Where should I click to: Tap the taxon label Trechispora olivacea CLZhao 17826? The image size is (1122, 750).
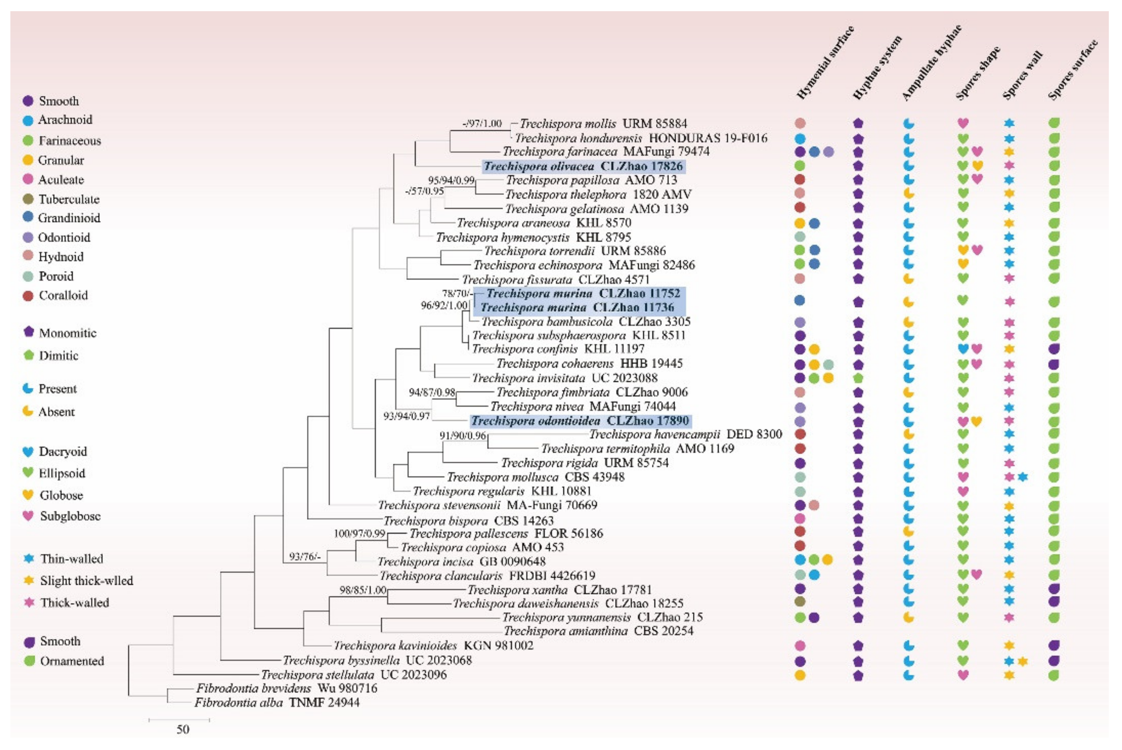click(583, 166)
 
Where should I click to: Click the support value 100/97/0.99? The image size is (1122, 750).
click(360, 533)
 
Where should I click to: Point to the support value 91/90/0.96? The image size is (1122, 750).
click(462, 435)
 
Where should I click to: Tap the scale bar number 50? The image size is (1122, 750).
click(183, 729)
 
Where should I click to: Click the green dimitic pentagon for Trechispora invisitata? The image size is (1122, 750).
click(858, 378)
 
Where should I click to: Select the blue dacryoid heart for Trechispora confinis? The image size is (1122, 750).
click(963, 349)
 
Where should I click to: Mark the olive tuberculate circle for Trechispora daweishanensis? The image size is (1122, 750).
click(799, 602)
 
